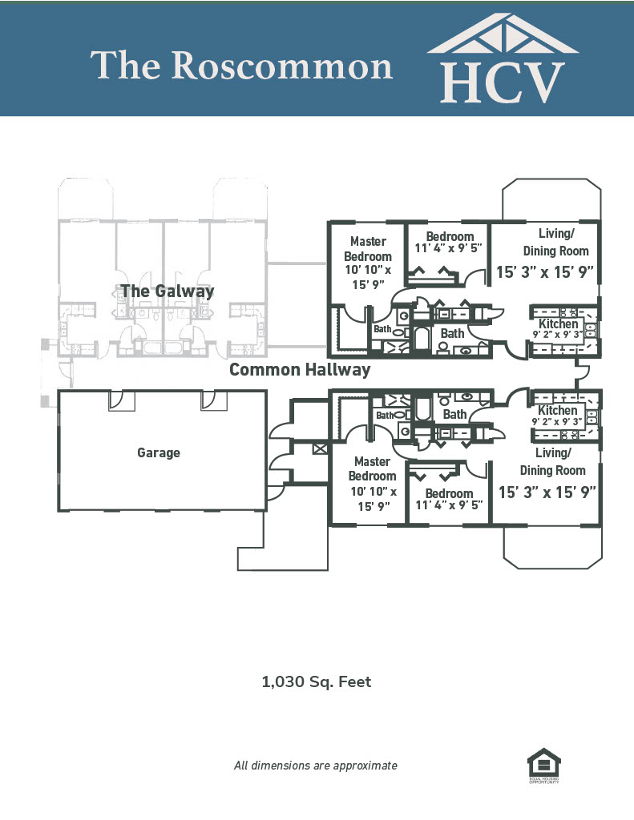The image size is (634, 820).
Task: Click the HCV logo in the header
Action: click(x=503, y=60)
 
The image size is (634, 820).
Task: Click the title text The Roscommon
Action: click(x=241, y=66)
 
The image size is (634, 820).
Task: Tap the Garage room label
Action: click(x=159, y=452)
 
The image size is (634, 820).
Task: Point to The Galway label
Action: click(x=168, y=291)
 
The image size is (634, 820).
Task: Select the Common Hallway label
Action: click(x=300, y=369)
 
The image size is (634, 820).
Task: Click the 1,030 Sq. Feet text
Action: click(x=317, y=682)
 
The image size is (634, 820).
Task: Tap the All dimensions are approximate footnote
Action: click(x=315, y=766)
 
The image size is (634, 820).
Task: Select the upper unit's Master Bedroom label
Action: click(x=369, y=249)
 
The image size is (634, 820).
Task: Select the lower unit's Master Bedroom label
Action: click(x=372, y=469)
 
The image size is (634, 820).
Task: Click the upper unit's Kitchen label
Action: click(x=559, y=324)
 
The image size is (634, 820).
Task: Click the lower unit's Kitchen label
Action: click(x=558, y=410)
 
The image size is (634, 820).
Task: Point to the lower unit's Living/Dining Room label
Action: click(x=553, y=462)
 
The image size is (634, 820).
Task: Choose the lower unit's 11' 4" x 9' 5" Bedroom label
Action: click(x=449, y=499)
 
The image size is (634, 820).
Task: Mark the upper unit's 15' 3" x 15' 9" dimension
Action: click(x=545, y=271)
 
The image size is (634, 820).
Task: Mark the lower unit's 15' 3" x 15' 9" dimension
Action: click(x=548, y=492)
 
